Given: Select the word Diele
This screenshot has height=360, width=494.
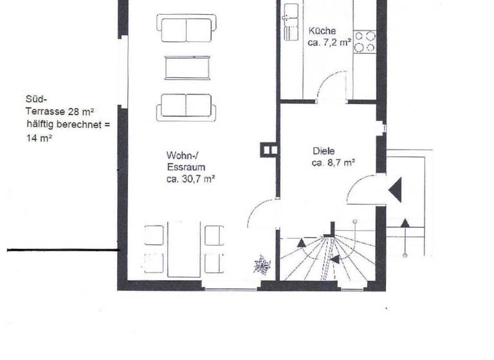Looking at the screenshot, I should [324, 150].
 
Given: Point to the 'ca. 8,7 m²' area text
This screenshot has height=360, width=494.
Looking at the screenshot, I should [329, 163].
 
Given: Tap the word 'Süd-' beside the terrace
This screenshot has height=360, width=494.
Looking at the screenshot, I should [34, 100].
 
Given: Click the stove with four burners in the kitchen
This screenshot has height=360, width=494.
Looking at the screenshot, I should [365, 41].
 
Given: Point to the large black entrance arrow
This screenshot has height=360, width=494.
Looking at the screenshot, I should [395, 190].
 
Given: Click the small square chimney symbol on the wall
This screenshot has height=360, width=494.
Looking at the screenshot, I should [269, 150].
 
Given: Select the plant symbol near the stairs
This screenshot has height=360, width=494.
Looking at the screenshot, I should [261, 264].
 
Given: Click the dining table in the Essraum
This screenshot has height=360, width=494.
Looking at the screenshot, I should [184, 250].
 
